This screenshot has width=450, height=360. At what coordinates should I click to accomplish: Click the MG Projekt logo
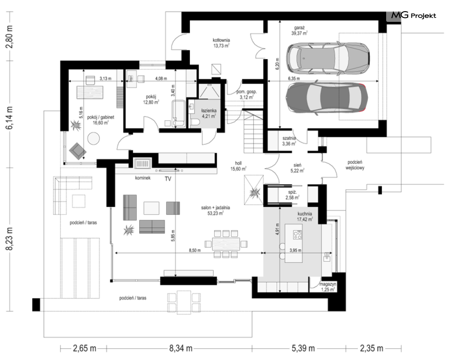(414, 15)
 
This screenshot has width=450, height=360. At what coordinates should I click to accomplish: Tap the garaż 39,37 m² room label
(299, 30)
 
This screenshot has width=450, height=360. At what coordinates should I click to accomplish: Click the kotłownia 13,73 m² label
(221, 43)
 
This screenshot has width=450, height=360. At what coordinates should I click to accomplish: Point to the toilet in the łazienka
(195, 123)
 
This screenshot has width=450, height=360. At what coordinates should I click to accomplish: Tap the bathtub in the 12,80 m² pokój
(179, 113)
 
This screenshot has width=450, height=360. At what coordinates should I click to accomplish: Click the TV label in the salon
(168, 179)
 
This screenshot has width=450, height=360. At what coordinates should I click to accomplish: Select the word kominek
(143, 178)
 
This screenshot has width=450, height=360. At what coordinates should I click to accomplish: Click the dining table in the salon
(226, 244)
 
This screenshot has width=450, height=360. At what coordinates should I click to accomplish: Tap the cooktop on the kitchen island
(297, 235)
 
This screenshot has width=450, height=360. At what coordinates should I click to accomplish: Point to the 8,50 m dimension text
(195, 250)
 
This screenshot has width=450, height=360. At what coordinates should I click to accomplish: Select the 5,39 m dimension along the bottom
(303, 348)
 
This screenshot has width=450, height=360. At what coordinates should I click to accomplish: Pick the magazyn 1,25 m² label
(327, 287)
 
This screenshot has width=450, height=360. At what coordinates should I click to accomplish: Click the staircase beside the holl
(253, 131)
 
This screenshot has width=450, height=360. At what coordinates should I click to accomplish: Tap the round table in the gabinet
(93, 138)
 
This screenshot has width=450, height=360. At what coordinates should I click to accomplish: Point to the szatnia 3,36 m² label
(289, 141)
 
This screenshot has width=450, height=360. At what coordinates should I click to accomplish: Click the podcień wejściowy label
(355, 165)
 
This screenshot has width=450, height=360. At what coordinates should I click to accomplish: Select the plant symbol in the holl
(254, 191)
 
